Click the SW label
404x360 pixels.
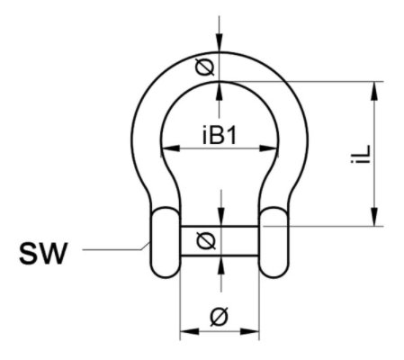click(x=43, y=254)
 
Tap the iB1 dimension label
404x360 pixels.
click(x=220, y=135)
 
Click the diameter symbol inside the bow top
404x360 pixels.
click(x=205, y=67)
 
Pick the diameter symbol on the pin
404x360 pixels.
click(x=206, y=241)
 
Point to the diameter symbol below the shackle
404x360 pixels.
click(x=220, y=317)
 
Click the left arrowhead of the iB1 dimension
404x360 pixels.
click(x=170, y=148)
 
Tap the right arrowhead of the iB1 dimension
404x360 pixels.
click(x=268, y=148)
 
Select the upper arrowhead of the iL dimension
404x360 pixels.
click(x=374, y=91)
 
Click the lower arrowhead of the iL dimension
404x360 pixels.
click(x=374, y=217)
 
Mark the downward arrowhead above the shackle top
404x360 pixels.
click(x=220, y=43)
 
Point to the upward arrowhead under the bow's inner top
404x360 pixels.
click(x=220, y=91)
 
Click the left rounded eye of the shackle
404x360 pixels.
click(x=165, y=242)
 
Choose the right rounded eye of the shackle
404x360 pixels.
click(x=274, y=242)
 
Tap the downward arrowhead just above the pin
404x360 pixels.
click(x=221, y=217)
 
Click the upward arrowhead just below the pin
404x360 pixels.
click(x=221, y=265)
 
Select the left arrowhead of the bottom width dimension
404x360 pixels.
click(x=189, y=331)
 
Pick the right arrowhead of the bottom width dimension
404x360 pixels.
click(x=249, y=331)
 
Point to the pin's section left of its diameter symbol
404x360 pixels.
click(x=188, y=241)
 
